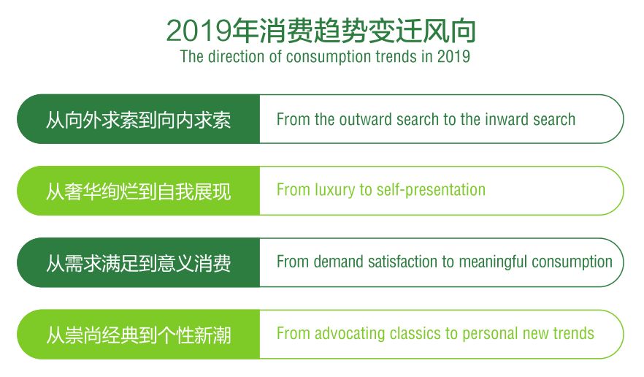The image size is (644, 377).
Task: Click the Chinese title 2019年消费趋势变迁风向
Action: tap(321, 31)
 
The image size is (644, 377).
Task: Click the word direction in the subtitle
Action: tap(236, 56)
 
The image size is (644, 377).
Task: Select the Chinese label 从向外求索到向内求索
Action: tap(139, 120)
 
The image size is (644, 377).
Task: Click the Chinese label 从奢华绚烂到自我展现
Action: tap(139, 191)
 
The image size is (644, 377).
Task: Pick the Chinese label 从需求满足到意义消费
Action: tap(139, 263)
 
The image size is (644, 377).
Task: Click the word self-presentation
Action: tap(431, 190)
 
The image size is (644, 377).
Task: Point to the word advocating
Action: tap(350, 333)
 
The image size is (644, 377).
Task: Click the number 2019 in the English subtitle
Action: tap(453, 56)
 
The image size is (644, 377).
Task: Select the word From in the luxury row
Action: tap(294, 190)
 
